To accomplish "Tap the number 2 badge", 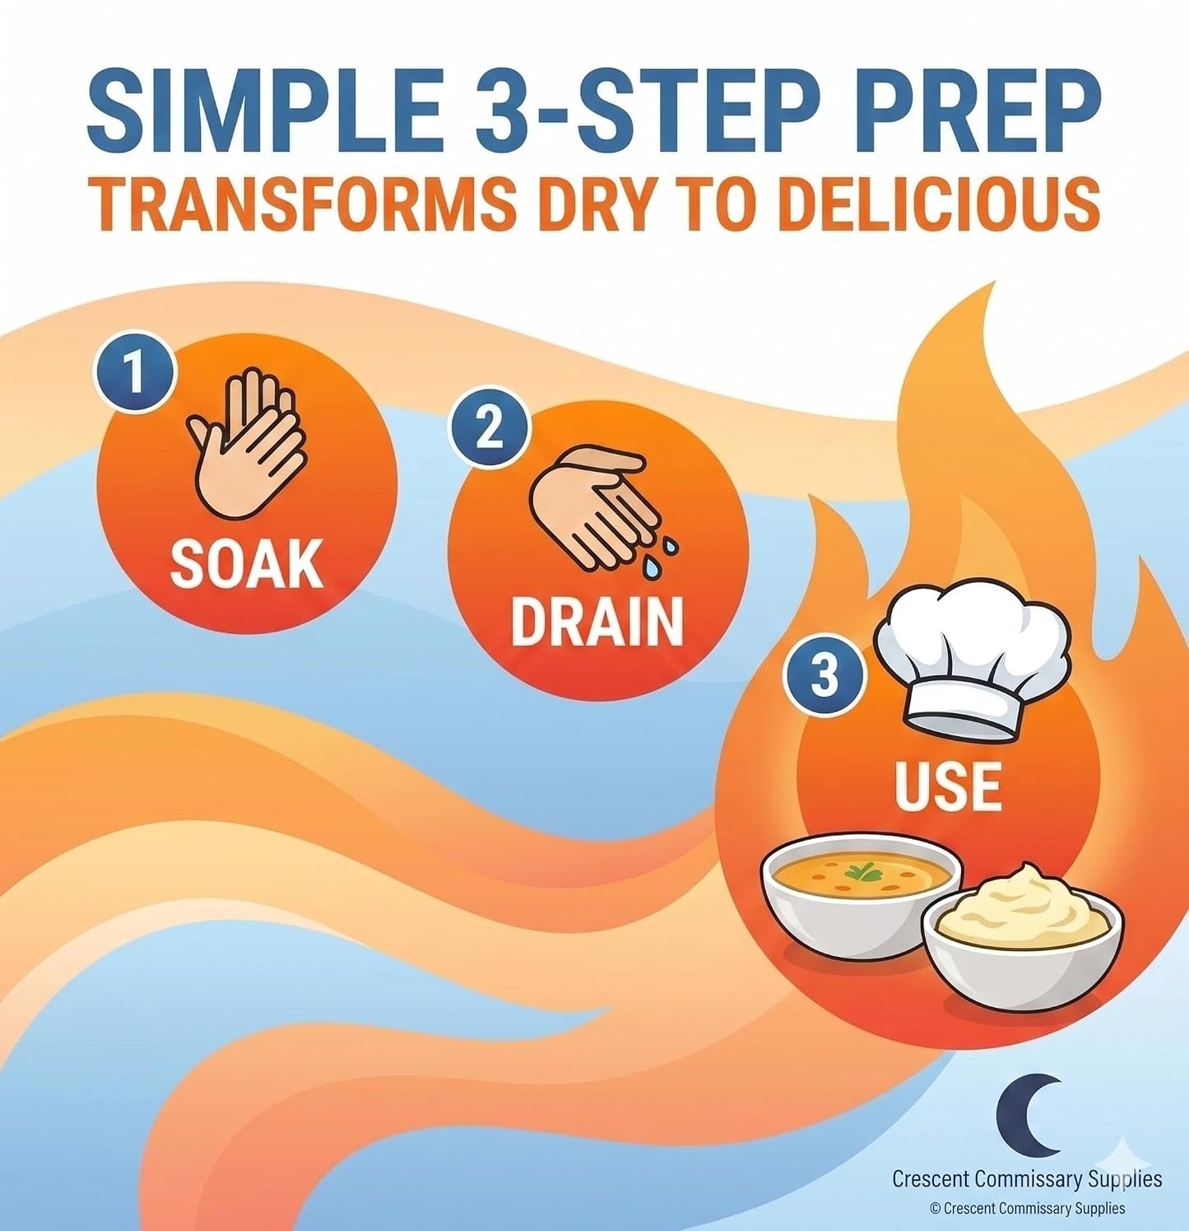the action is [488, 428].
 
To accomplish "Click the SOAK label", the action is [246, 564].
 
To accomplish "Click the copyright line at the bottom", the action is [1027, 1208].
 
